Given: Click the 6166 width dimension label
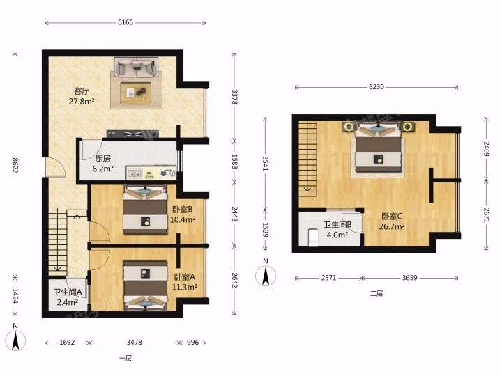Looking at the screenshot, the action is point(125,22).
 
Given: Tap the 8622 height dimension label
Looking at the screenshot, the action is point(15,164).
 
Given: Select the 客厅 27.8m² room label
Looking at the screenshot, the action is point(82,96).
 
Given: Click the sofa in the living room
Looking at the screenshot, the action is point(137,67).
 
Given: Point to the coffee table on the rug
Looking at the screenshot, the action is point(136,93).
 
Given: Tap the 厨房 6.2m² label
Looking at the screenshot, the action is point(102,164).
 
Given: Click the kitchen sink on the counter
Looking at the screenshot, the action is point(135,173).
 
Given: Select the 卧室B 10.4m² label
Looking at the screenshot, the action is point(183,214).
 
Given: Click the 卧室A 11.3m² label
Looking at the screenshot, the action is point(184,282).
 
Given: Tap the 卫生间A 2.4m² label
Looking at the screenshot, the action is point(68,297).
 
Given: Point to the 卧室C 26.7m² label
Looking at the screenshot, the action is point(392,221).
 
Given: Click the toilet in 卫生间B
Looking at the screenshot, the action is point(313,237).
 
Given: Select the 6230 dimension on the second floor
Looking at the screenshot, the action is point(376,87).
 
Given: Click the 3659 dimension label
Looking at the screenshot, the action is point(409,278).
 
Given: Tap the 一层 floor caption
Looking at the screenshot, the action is point(125,358).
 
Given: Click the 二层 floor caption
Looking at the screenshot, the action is point(376,293).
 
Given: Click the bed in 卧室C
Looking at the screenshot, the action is point(378,148).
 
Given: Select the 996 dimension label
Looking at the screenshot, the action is point(192,343).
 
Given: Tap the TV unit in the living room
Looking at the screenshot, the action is point(132,134).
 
